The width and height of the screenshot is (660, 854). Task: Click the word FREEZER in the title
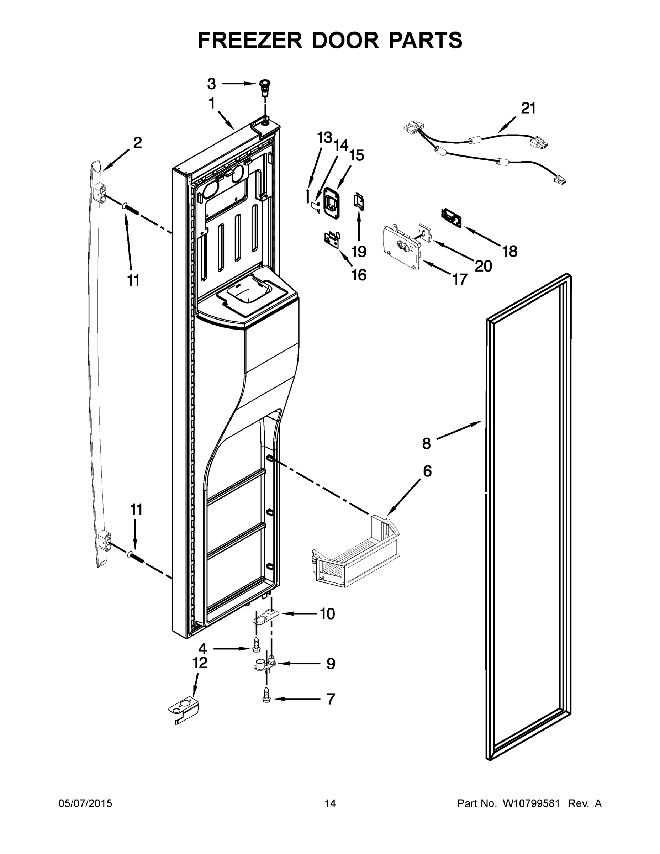250,40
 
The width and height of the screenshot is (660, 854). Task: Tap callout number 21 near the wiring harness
528,108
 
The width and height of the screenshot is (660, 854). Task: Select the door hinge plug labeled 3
265,87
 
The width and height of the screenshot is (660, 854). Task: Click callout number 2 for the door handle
137,143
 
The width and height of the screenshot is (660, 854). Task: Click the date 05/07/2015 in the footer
85,803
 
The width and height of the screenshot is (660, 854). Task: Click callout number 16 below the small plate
359,275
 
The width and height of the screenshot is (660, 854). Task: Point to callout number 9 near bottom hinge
331,663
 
